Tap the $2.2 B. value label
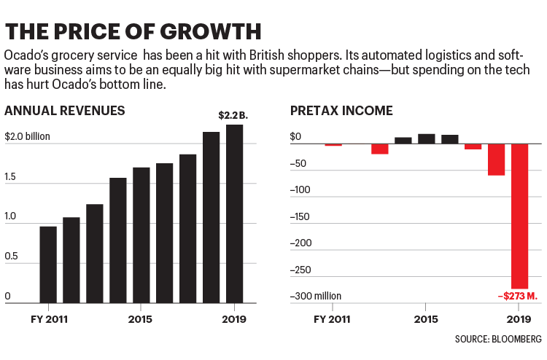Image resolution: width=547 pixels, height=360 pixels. pyautogui.click(x=232, y=115)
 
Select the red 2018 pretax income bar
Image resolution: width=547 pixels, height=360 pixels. pyautogui.click(x=496, y=160)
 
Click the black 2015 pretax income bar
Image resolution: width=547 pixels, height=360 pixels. pyautogui.click(x=426, y=138)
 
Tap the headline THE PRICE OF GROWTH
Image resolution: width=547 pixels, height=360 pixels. pyautogui.click(x=133, y=31)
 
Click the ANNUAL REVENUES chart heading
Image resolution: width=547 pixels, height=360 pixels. pyautogui.click(x=64, y=111)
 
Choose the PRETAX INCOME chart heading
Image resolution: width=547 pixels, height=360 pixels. pyautogui.click(x=341, y=111)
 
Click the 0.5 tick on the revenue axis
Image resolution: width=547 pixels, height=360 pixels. pyautogui.click(x=12, y=257)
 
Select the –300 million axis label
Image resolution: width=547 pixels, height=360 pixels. pyautogui.click(x=316, y=297)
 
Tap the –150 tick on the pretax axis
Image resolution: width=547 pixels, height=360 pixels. pyautogui.click(x=300, y=216)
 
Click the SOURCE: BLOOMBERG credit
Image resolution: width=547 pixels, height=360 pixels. pyautogui.click(x=498, y=340)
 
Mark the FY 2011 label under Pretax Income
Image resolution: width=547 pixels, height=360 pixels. pyautogui.click(x=333, y=319)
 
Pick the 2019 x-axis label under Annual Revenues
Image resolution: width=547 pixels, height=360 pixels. pyautogui.click(x=236, y=319)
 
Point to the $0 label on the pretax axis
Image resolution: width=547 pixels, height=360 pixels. pyautogui.click(x=295, y=136)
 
